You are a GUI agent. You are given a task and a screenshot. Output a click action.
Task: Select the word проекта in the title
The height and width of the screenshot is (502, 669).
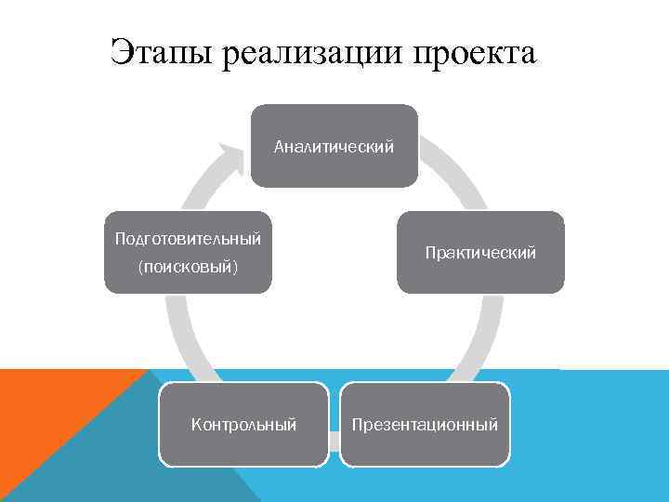tap(475, 53)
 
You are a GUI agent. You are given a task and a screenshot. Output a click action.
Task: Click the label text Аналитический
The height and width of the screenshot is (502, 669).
tap(334, 146)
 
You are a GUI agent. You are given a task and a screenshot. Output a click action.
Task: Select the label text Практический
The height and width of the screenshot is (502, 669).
tap(480, 253)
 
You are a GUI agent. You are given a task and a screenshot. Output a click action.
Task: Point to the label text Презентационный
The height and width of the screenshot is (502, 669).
tap(425, 425)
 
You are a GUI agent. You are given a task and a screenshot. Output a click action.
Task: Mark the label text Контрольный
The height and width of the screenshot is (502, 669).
tap(243, 425)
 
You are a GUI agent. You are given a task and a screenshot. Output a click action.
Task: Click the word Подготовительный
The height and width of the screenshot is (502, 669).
tap(188, 239)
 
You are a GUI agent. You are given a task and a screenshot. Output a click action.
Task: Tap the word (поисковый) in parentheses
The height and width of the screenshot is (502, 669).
tap(188, 269)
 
